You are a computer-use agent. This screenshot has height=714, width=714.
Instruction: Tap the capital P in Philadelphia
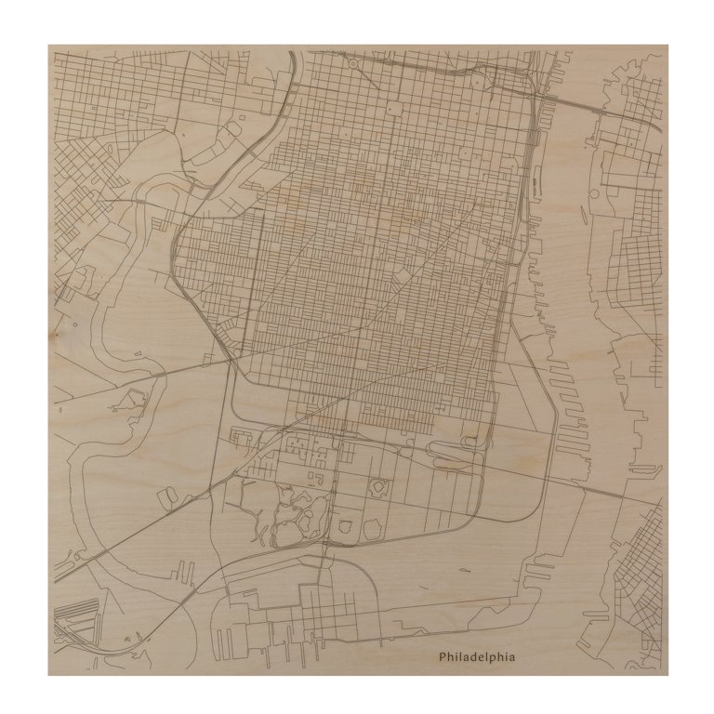[443, 656]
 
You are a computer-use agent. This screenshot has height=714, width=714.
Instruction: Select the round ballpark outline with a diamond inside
[379, 486]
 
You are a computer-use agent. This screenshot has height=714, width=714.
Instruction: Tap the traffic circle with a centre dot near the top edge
[353, 64]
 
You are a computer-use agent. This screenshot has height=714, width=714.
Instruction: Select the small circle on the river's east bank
[594, 193]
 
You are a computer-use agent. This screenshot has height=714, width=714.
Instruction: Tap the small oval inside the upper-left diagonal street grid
[109, 148]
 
